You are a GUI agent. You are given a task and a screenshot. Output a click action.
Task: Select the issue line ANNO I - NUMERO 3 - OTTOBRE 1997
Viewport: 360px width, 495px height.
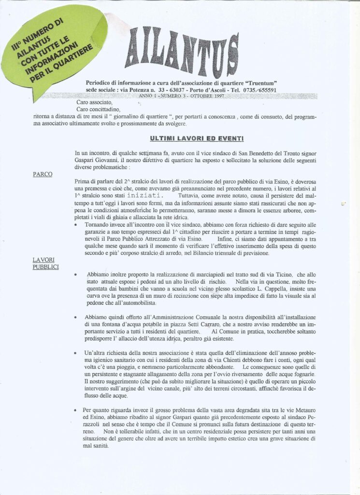tap(178, 97)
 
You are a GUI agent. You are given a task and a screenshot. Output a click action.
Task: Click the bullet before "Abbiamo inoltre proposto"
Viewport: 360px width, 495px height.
tap(76, 275)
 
